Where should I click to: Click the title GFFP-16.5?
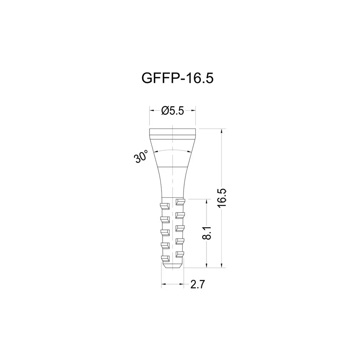[x=177, y=78]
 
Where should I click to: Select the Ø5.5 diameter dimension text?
[x=172, y=111]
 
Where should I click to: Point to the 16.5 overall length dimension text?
[x=222, y=198]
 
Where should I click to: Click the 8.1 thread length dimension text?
[x=207, y=233]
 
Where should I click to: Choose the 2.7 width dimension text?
[x=197, y=284]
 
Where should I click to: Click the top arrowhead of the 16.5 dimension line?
[x=221, y=131]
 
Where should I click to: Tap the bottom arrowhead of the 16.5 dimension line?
[x=221, y=266]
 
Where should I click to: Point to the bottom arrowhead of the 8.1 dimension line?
[x=207, y=266]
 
